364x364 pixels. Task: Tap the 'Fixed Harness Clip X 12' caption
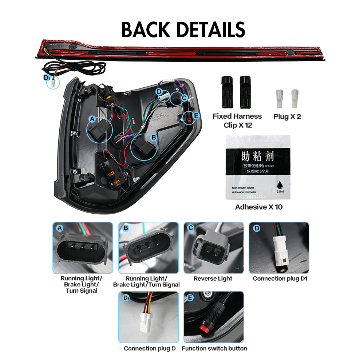237,120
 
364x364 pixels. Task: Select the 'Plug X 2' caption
287,117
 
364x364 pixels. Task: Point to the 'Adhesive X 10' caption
258,207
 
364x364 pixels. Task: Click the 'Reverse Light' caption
213,278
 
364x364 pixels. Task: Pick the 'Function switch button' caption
214,348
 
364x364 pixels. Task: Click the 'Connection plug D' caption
150,348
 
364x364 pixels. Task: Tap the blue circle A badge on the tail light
92,119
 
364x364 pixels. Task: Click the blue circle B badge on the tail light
153,137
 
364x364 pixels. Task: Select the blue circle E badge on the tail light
197,115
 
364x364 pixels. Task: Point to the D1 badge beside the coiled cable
46,78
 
